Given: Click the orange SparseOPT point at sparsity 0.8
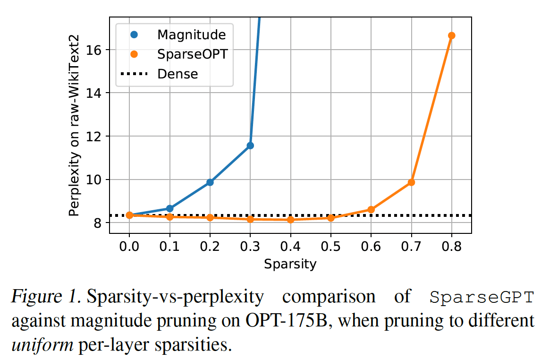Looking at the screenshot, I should (x=451, y=35).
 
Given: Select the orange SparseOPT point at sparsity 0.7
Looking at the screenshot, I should (x=411, y=182).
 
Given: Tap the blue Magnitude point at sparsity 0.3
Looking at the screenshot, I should (x=250, y=146).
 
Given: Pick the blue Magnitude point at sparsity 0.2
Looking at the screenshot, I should (x=210, y=182).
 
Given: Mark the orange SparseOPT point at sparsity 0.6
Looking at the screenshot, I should (x=371, y=209).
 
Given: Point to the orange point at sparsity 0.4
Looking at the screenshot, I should (x=290, y=220).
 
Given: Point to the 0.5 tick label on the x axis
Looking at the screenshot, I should (x=330, y=247).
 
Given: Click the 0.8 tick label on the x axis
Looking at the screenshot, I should (x=451, y=247).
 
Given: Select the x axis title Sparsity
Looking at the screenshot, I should (x=290, y=264).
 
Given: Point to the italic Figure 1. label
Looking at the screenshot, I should (x=45, y=298).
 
